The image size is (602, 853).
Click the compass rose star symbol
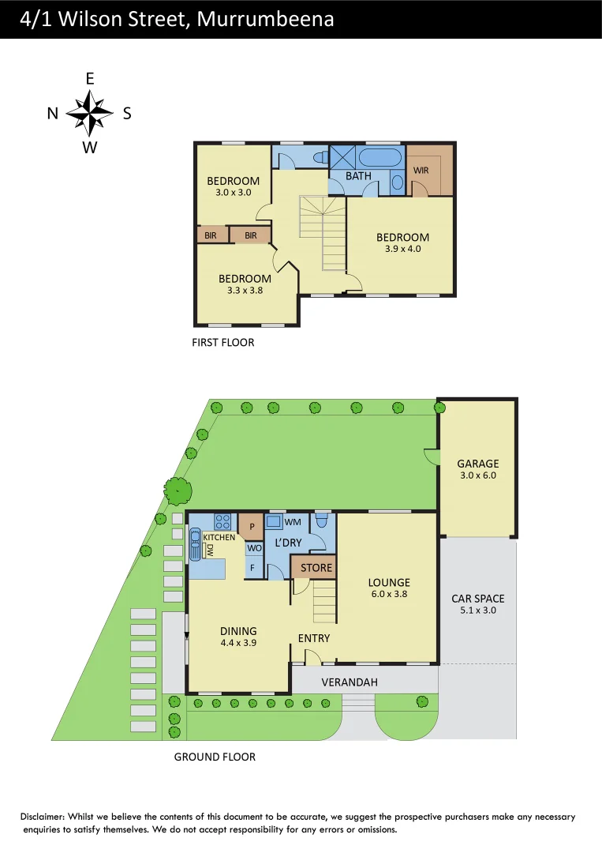[90, 112]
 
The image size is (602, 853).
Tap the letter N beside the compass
[52, 114]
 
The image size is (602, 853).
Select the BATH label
[358, 175]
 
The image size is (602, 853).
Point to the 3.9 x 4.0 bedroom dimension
[402, 248]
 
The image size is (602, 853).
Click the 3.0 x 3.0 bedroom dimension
[233, 192]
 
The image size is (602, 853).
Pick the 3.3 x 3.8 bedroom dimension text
[245, 290]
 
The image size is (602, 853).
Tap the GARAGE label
[478, 464]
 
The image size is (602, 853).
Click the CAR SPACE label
[478, 599]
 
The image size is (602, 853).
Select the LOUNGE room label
[389, 583]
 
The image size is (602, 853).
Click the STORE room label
[316, 568]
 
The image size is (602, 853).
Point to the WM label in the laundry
[292, 522]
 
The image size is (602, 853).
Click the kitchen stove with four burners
[222, 521]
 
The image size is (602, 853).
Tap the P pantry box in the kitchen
[252, 526]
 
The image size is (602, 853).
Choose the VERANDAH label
[350, 682]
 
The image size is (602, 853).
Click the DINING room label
[238, 631]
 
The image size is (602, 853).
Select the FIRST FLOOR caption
[223, 343]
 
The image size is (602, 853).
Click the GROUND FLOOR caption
[215, 757]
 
